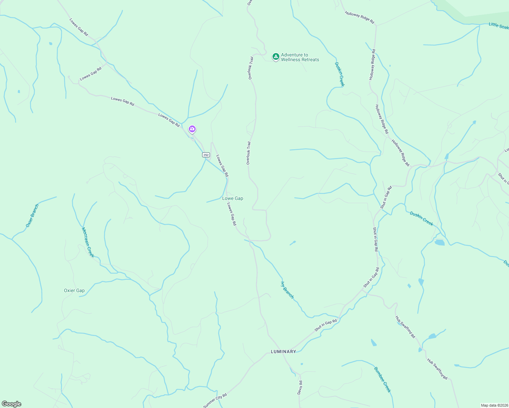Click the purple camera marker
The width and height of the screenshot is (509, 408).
click(192, 129)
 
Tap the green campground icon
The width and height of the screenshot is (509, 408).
click(276, 56)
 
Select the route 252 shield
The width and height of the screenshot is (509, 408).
click(206, 155)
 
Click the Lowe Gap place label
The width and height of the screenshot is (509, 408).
click(233, 198)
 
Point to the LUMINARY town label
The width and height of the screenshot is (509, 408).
click(283, 352)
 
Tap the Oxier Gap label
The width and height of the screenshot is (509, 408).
click(74, 290)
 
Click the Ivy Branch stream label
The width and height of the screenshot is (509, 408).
click(288, 290)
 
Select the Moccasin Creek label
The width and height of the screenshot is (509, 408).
click(88, 242)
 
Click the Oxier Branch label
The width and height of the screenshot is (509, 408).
click(32, 216)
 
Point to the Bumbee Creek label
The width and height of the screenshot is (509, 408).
click(382, 379)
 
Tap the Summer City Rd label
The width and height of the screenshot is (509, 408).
click(215, 401)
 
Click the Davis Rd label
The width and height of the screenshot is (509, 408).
click(300, 387)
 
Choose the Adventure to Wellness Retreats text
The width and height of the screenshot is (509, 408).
click(300, 57)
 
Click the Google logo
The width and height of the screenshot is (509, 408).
click(11, 404)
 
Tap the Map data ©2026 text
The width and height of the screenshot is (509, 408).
click(494, 405)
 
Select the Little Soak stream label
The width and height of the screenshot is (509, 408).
click(498, 26)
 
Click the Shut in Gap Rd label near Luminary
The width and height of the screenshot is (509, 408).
click(326, 325)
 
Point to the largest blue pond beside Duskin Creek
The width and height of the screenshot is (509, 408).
click(439, 242)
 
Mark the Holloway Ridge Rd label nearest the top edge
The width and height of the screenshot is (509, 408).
click(359, 18)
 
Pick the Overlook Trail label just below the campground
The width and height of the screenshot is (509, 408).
click(251, 68)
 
